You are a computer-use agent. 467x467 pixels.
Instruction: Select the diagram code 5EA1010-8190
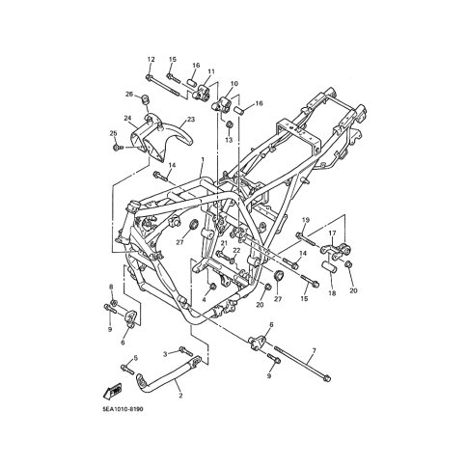(123, 409)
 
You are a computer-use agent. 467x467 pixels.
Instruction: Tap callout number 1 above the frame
(203, 159)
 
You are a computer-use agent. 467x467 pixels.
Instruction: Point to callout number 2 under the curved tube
(180, 396)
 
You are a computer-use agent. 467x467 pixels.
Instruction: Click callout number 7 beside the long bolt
(314, 350)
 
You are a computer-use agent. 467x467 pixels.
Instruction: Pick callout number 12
(151, 59)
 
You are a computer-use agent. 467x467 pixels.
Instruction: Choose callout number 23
(191, 120)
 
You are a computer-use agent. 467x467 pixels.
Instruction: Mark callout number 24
(127, 118)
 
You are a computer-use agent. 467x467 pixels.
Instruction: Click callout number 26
(129, 94)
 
